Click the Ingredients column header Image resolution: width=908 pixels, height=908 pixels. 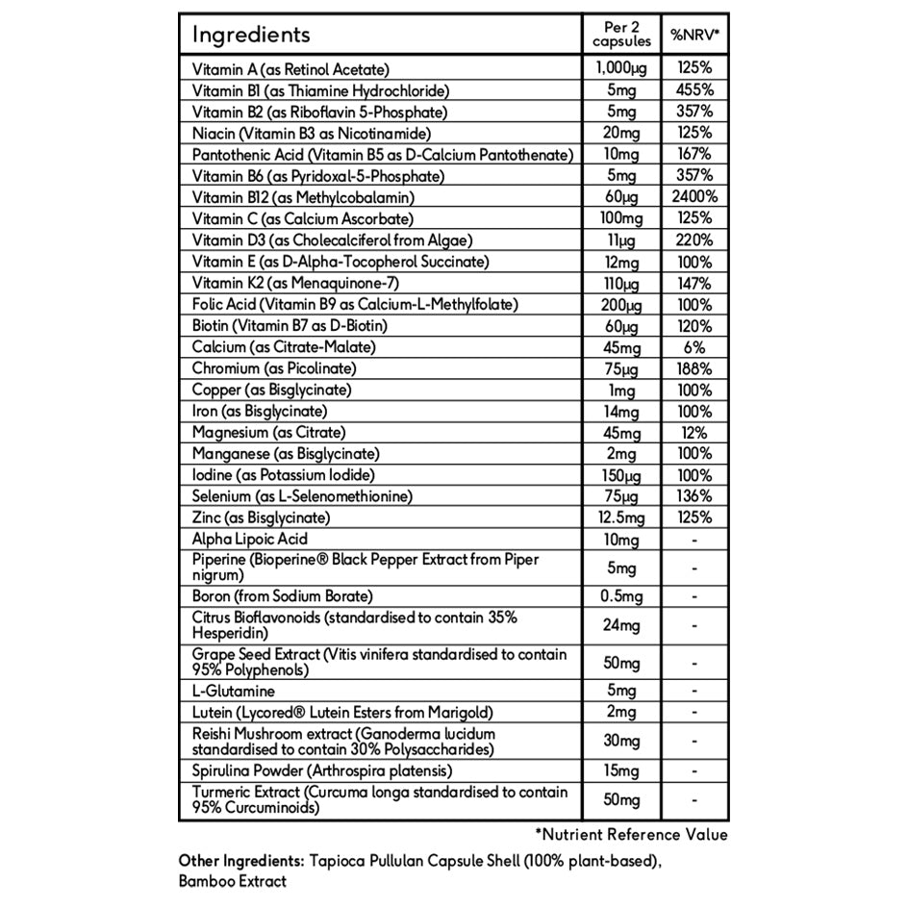coord(251,36)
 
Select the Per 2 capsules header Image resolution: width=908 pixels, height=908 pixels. coord(621,36)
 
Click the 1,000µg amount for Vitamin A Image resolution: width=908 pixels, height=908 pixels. coord(621,69)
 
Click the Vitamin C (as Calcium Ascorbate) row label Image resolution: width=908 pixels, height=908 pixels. coord(288,218)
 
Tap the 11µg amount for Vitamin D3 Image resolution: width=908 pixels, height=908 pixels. coord(621,240)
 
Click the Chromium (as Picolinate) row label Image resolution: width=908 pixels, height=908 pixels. coord(274,368)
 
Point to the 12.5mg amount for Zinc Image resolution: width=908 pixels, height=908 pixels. coord(621,517)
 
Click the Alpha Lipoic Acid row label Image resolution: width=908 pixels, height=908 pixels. coord(250,540)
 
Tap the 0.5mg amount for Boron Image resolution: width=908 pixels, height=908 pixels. coord(621,596)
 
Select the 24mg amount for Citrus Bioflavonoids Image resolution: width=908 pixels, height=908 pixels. coord(621,626)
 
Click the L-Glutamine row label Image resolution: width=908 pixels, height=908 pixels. coord(234,691)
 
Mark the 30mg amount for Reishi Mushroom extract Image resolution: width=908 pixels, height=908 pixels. coord(621,742)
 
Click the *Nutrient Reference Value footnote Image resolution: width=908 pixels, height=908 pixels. coord(631,835)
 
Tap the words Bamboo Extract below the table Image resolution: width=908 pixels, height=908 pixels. coord(232,879)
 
